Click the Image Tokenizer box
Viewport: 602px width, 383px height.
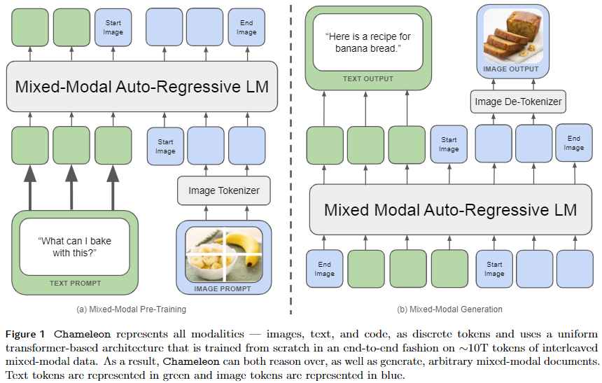tap(223, 190)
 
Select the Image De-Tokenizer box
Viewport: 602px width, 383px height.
tap(518, 102)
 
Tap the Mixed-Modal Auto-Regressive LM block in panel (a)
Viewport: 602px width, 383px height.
tap(142, 86)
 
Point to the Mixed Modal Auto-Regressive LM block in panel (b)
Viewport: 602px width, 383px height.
tap(450, 209)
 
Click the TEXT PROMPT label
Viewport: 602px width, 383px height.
tap(75, 284)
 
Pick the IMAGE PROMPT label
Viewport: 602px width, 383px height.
tap(224, 288)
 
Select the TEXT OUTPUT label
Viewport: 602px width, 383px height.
tap(368, 79)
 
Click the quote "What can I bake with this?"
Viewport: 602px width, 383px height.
tap(74, 246)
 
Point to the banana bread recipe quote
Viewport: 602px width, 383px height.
tap(367, 43)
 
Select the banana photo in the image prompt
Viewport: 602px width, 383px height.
tap(224, 253)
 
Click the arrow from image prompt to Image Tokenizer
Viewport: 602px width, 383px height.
tap(223, 211)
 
